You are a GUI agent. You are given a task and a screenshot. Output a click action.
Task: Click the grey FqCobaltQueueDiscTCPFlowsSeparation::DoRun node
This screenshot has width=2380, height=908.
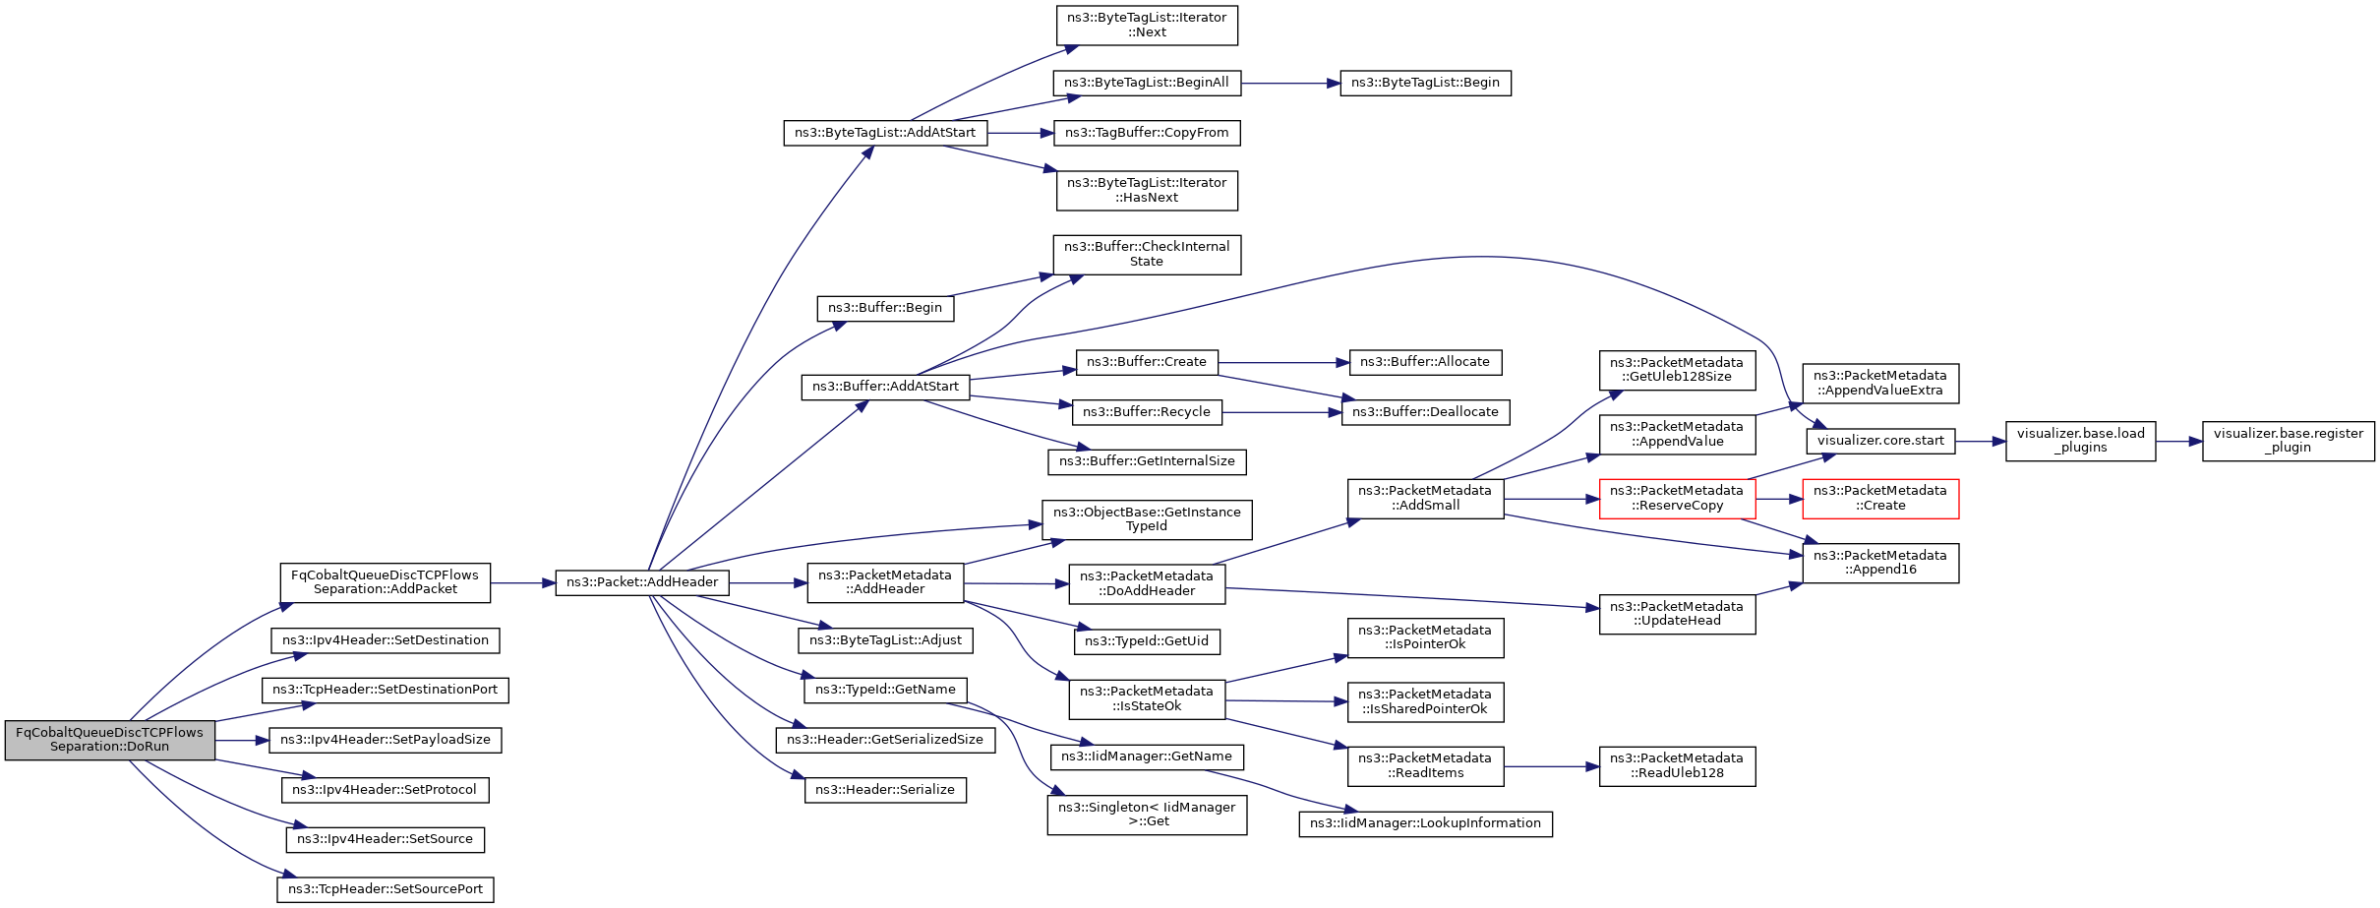click(x=110, y=740)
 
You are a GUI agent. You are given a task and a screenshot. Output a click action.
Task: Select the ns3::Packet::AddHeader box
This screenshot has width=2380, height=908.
click(x=642, y=582)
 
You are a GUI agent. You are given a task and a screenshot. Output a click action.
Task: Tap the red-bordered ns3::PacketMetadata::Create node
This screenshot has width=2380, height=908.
click(x=1880, y=499)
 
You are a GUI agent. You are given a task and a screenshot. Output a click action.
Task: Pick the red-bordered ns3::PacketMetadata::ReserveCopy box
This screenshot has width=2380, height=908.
click(x=1677, y=499)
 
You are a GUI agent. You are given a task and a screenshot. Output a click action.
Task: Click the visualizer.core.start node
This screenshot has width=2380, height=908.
click(x=1880, y=441)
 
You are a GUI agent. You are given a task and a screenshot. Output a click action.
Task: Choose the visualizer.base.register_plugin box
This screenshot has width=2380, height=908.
click(x=2289, y=441)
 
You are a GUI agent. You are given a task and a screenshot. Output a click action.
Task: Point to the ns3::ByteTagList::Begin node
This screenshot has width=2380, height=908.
click(x=1425, y=83)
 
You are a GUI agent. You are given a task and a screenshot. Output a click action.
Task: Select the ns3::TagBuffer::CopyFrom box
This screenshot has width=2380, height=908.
click(x=1147, y=133)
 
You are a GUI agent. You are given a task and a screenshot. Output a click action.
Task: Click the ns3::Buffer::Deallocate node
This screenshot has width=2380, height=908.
click(x=1425, y=412)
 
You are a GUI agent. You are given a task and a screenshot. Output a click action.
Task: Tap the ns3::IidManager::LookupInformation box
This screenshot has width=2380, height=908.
click(x=1425, y=823)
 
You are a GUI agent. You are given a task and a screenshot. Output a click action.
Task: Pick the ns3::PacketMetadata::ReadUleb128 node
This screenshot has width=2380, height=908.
click(x=1677, y=766)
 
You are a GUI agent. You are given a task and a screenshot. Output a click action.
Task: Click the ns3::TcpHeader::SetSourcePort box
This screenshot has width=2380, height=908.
click(x=386, y=889)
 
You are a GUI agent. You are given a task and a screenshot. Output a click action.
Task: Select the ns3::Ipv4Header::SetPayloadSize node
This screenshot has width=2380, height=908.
click(x=386, y=740)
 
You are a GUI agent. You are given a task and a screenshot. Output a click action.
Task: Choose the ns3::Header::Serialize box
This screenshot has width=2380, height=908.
click(x=885, y=790)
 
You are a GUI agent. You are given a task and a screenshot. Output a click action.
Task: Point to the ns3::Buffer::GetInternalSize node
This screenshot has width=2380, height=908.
click(x=1147, y=461)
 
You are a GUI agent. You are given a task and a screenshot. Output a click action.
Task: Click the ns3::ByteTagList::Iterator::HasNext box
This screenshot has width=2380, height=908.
click(x=1147, y=191)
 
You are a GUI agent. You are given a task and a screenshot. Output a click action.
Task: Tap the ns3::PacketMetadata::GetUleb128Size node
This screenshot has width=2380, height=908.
click(x=1677, y=371)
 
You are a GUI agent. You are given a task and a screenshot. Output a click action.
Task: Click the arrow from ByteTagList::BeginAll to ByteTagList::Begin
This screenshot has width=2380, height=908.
click(x=1290, y=84)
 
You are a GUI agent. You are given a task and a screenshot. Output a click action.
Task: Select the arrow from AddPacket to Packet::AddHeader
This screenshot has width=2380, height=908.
click(x=523, y=583)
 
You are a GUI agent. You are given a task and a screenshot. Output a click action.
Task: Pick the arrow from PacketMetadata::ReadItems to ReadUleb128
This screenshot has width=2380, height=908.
click(x=1552, y=766)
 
